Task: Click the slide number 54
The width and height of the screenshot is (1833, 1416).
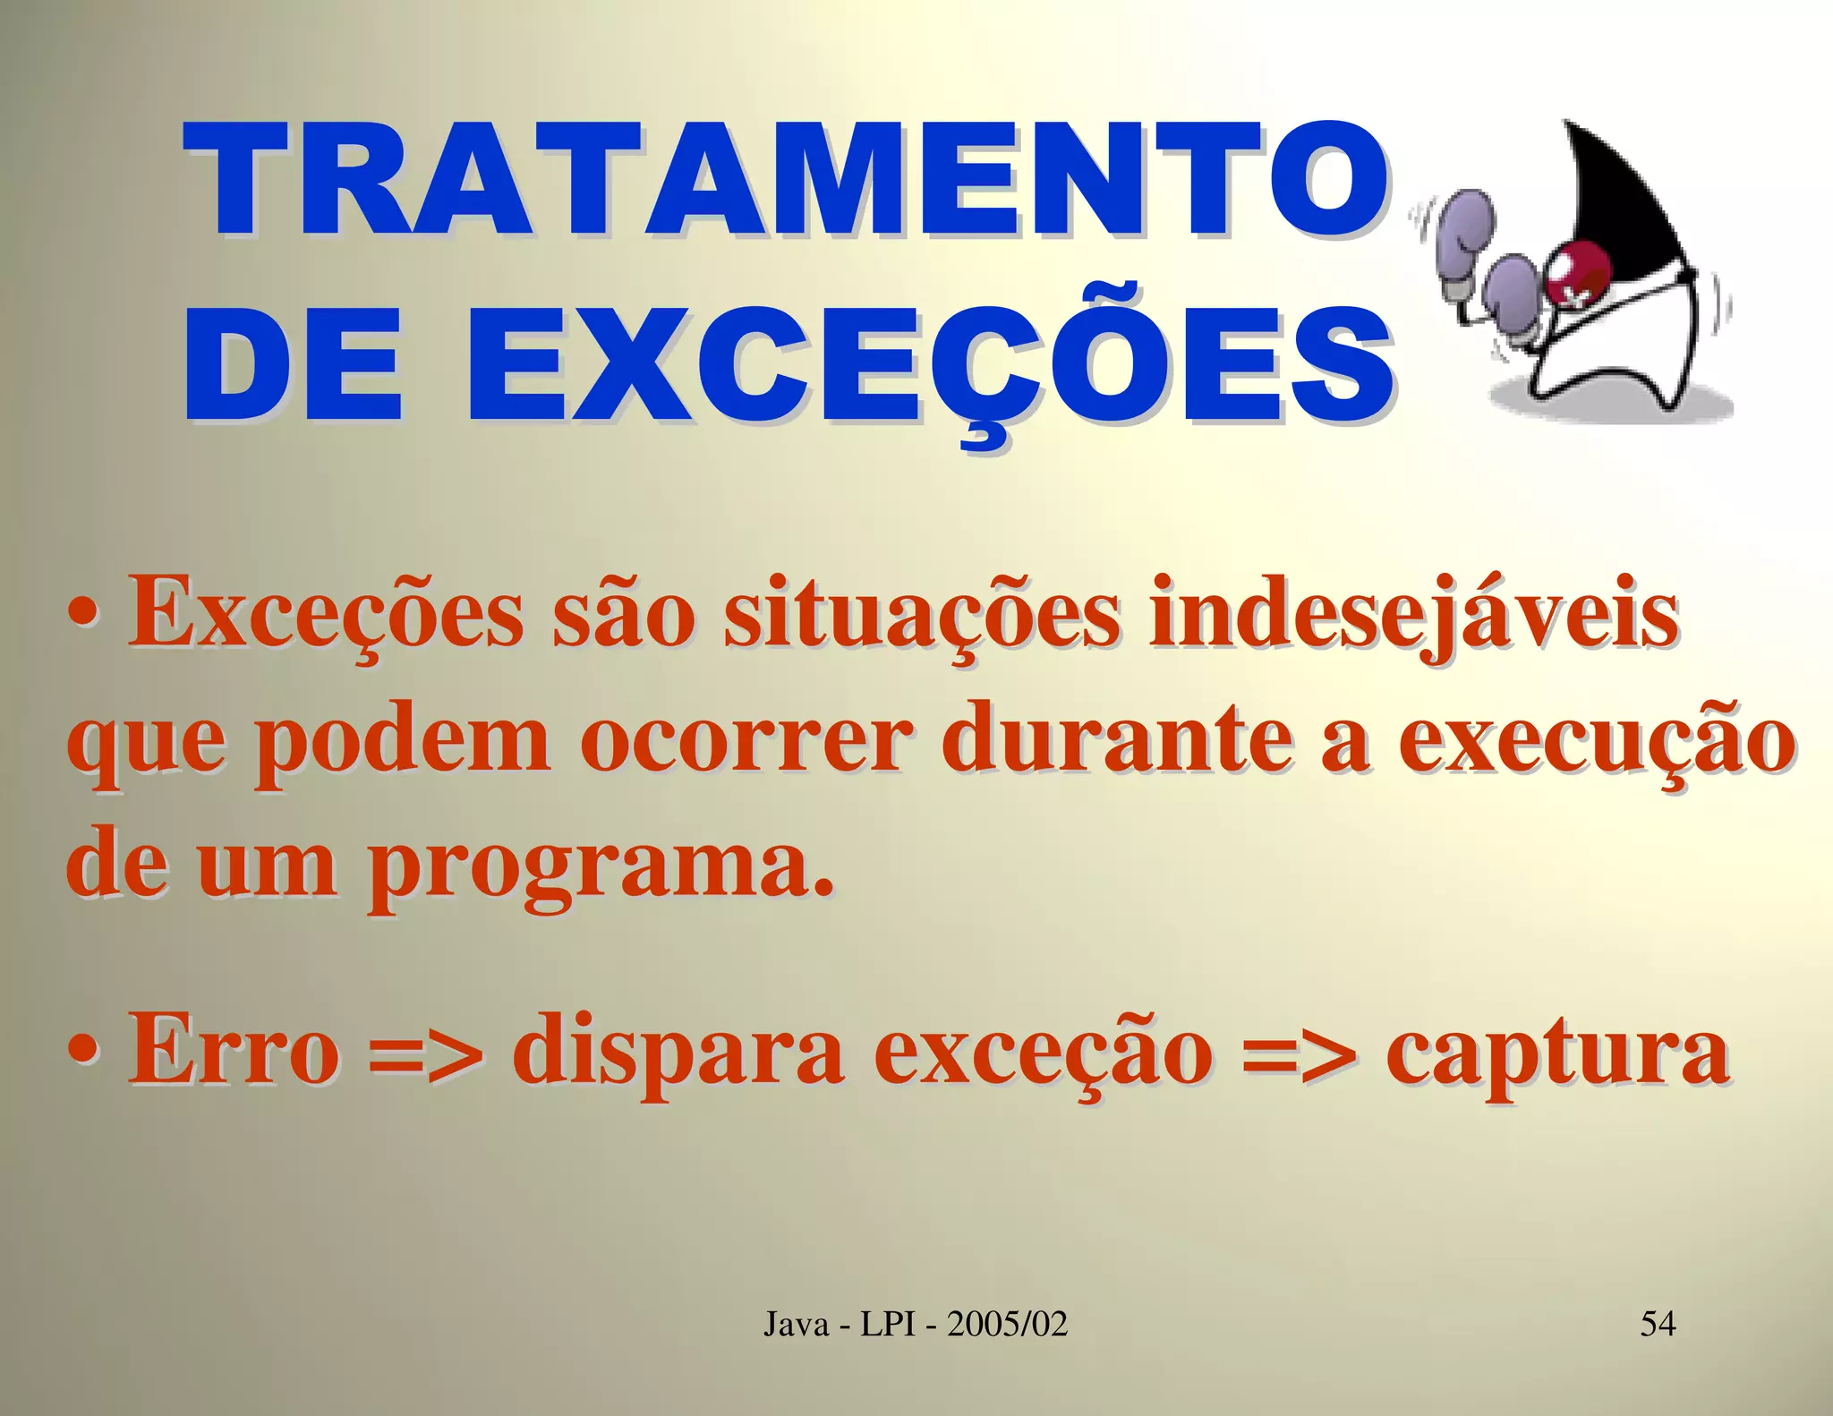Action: (1658, 1323)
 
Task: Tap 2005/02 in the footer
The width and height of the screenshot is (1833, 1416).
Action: (1008, 1323)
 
